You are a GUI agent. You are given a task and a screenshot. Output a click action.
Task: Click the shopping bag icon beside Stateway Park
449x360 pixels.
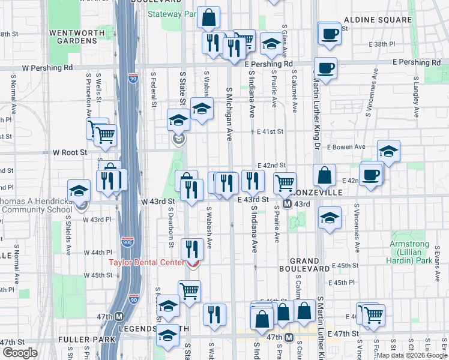click(x=208, y=19)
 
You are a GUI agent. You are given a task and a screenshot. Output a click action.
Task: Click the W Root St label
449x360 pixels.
click(x=70, y=152)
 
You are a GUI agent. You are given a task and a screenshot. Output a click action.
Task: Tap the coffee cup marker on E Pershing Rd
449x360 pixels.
click(x=325, y=68)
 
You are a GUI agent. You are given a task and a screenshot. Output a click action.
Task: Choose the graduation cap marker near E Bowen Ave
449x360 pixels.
click(x=388, y=151)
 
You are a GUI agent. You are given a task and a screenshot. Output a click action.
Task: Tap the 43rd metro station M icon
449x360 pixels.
click(x=287, y=203)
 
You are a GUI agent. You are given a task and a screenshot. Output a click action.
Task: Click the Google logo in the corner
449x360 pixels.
click(x=20, y=352)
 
